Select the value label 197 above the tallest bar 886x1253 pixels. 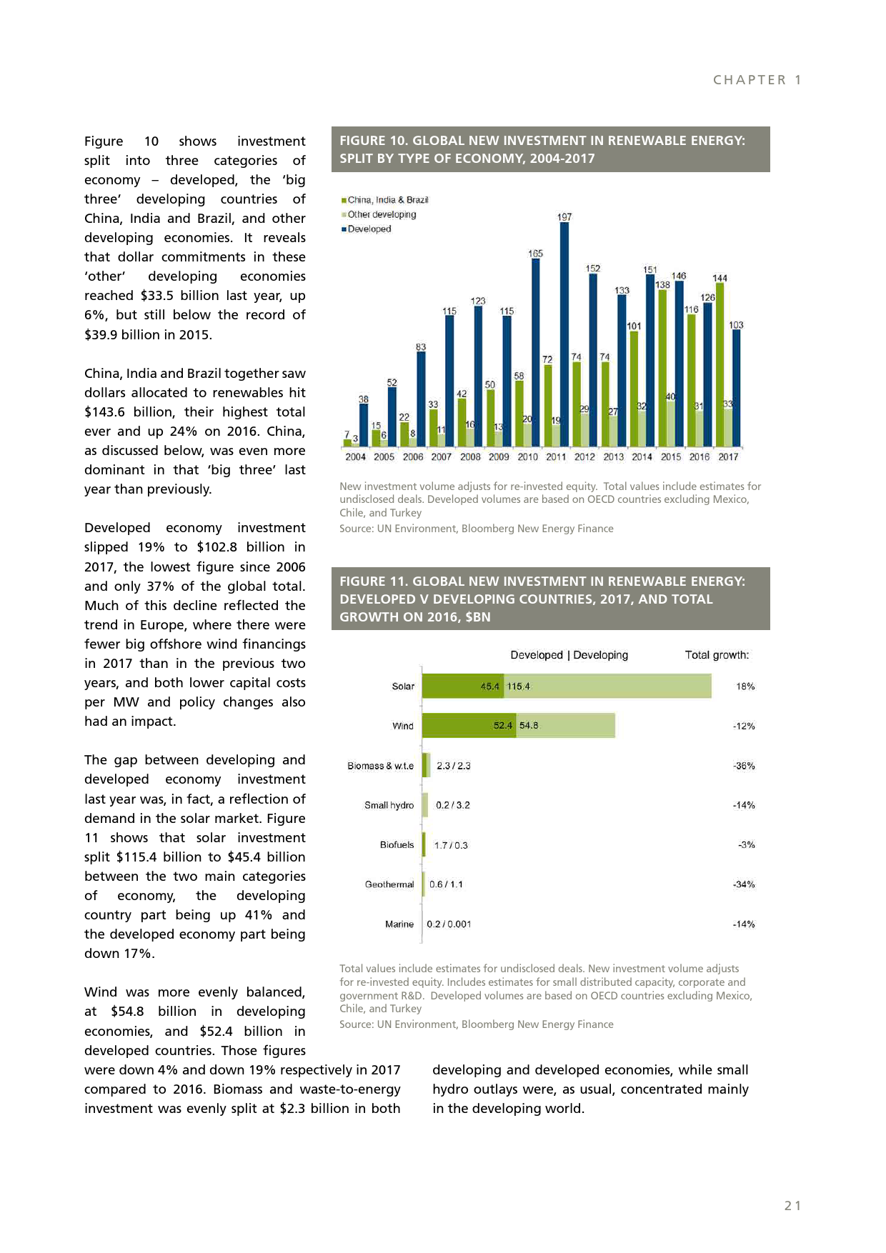[564, 216]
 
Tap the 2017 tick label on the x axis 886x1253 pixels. [728, 457]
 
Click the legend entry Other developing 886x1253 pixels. [382, 214]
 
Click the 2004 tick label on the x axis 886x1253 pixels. [355, 457]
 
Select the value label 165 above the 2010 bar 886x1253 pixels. [535, 254]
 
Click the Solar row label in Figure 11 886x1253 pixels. [403, 687]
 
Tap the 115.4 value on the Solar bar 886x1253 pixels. [519, 687]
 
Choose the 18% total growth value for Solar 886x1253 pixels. [745, 687]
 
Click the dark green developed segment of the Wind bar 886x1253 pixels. [468, 726]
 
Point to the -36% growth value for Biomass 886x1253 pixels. [744, 766]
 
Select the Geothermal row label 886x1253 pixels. [389, 884]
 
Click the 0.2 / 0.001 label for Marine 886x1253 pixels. [449, 924]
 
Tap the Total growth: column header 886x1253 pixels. [717, 655]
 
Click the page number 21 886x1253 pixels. [792, 1206]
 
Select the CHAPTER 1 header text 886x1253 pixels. [757, 80]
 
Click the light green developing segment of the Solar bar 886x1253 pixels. [607, 687]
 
